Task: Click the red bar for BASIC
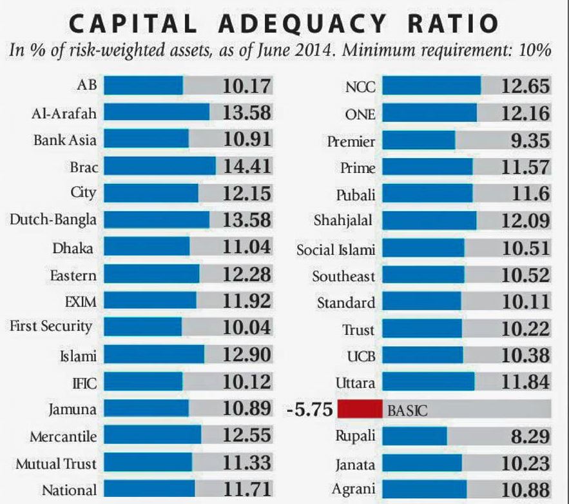(359, 409)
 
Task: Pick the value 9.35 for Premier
(526, 140)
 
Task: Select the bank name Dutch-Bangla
(53, 220)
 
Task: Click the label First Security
(51, 327)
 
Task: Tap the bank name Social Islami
(335, 249)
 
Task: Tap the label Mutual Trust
(56, 463)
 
